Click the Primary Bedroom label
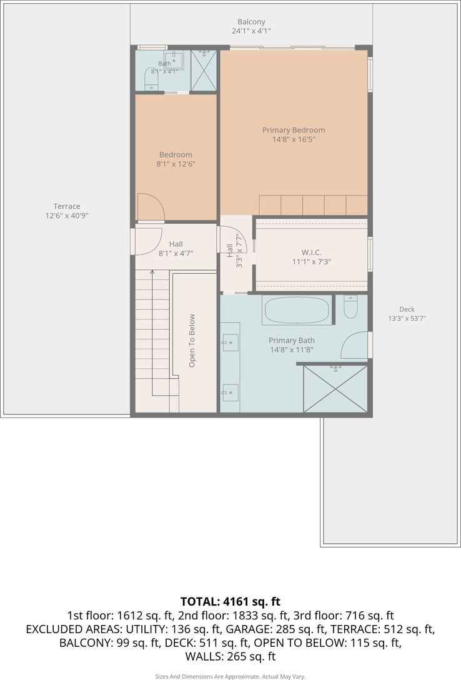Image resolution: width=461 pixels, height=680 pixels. point(294,130)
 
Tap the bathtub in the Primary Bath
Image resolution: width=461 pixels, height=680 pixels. point(296,309)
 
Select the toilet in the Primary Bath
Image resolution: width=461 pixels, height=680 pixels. point(350,307)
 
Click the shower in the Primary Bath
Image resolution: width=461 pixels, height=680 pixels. point(335,389)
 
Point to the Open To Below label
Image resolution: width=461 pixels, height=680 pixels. point(192,341)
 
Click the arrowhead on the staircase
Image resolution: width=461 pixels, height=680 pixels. point(152,272)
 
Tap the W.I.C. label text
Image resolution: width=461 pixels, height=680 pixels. point(311,252)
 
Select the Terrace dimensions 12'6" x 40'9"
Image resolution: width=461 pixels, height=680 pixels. point(67,216)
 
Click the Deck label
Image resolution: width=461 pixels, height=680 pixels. point(407,309)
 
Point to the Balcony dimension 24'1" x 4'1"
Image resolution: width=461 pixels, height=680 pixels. point(251,31)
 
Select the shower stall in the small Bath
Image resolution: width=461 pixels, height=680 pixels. point(204,70)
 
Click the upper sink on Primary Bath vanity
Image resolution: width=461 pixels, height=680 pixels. point(230,342)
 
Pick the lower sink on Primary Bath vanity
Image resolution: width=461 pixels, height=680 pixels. point(230,393)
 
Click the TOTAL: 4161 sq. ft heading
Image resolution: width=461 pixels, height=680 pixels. point(230,601)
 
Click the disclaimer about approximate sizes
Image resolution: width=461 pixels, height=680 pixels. point(230,676)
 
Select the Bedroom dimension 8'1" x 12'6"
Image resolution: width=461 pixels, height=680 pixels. point(176,164)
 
